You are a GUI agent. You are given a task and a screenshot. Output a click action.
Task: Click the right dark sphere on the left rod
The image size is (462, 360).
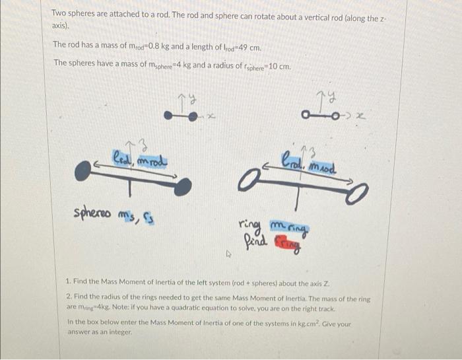point(183,187)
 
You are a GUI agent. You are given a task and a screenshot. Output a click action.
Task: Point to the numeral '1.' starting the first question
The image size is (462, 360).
point(69,281)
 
